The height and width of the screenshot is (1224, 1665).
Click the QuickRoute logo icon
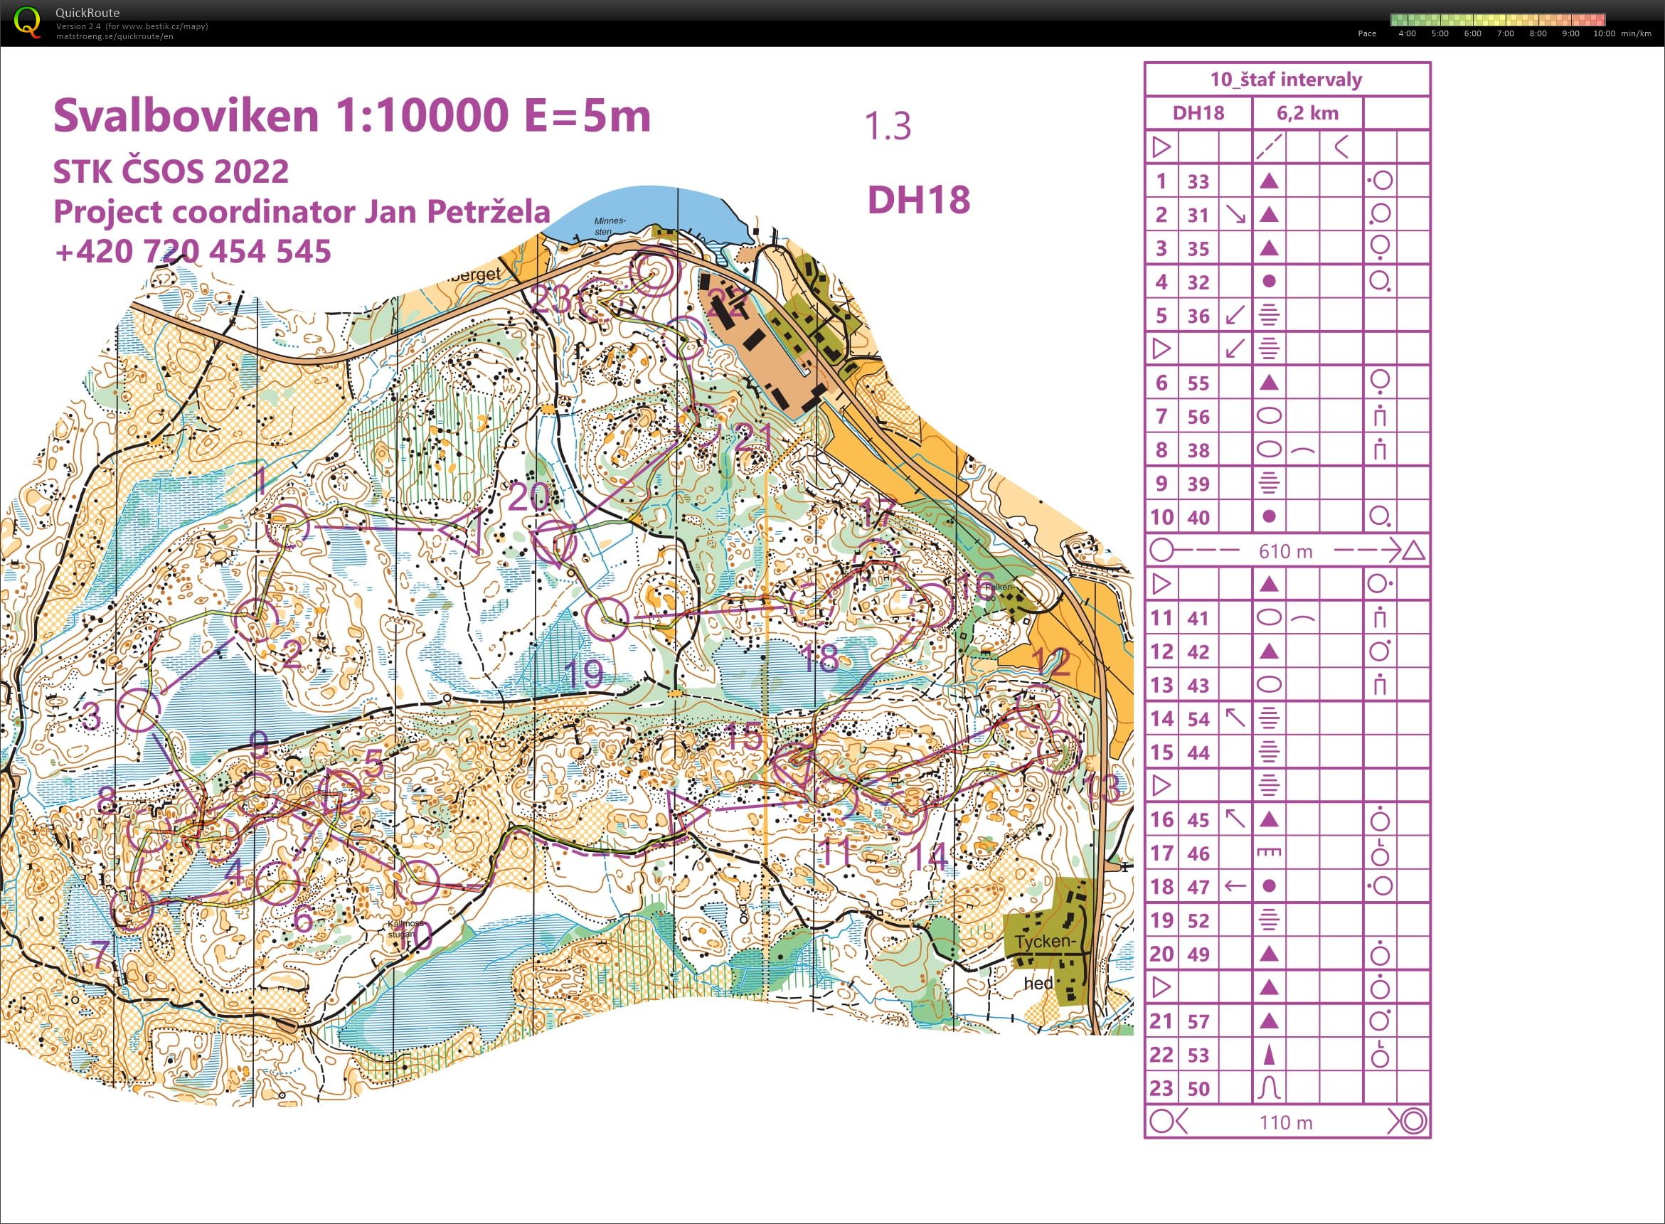pos(28,21)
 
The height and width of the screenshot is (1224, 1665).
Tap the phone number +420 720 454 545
pos(193,251)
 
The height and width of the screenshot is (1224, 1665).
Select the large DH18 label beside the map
pos(918,200)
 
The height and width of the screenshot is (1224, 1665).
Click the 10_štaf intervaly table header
pos(1286,79)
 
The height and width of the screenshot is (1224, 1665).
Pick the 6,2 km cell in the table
pos(1307,113)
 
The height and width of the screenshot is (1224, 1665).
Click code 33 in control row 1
pos(1198,181)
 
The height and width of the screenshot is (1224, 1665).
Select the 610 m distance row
pos(1286,551)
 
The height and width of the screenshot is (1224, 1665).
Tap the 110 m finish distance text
pos(1286,1122)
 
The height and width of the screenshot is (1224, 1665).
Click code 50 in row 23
pos(1198,1088)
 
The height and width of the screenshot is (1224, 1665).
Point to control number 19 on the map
pos(584,674)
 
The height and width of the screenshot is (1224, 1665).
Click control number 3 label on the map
pos(90,716)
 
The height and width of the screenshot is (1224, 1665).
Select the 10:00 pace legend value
pos(1604,33)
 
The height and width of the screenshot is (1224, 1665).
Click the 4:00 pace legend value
pos(1406,33)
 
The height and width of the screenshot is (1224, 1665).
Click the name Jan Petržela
pos(457,212)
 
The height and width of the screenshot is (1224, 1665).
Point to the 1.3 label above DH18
pos(888,126)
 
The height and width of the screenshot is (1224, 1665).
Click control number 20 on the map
pos(528,496)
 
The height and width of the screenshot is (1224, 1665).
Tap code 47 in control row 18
pos(1198,887)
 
